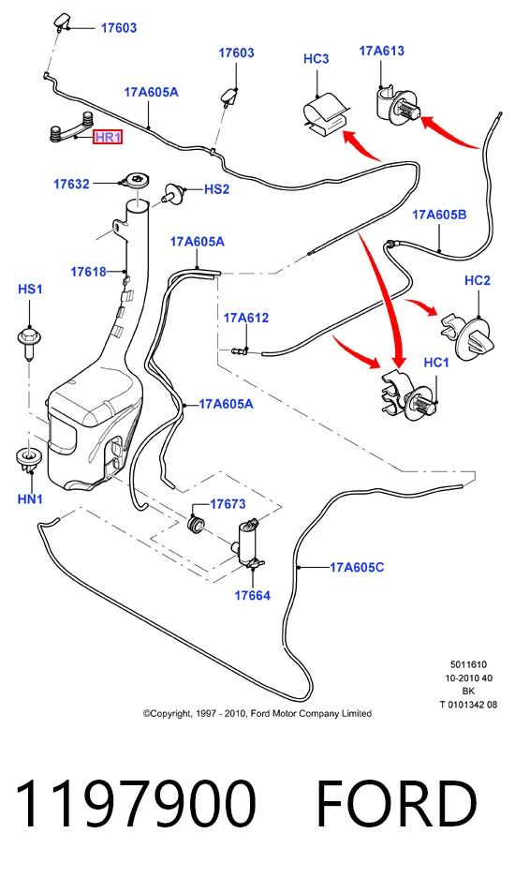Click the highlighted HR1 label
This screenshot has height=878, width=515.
[108, 137]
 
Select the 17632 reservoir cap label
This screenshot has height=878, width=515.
[71, 184]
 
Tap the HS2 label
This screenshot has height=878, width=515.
[216, 189]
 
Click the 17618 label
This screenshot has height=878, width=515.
[88, 272]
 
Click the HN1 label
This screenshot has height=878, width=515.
[30, 499]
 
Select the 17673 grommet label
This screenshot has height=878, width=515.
[228, 504]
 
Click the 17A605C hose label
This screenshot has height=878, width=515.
[357, 567]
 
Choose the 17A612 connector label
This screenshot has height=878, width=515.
[246, 318]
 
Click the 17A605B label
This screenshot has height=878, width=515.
[439, 215]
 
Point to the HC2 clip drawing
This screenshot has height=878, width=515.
[469, 340]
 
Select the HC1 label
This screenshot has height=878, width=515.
[436, 363]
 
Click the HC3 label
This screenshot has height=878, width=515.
[316, 59]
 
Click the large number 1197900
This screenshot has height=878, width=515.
[136, 804]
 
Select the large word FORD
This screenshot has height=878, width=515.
[397, 804]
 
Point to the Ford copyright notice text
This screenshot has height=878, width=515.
[257, 713]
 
